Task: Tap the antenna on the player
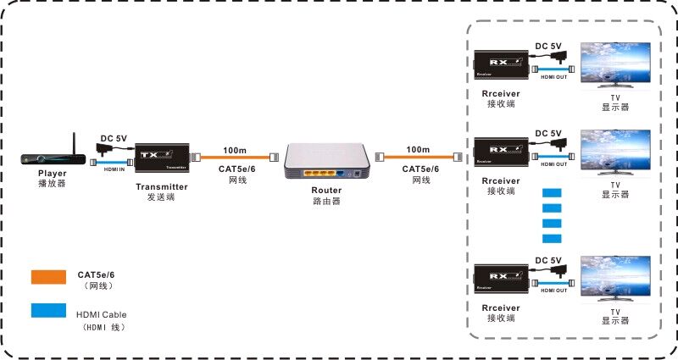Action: (73, 141)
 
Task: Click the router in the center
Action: (327, 161)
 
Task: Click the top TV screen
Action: (614, 64)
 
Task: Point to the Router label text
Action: (326, 191)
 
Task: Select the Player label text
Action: (52, 174)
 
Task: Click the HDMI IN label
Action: (114, 169)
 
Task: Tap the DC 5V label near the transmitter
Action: (114, 137)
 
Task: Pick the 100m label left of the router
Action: (235, 150)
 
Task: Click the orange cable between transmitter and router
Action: (235, 158)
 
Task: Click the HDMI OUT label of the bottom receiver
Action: (553, 291)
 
